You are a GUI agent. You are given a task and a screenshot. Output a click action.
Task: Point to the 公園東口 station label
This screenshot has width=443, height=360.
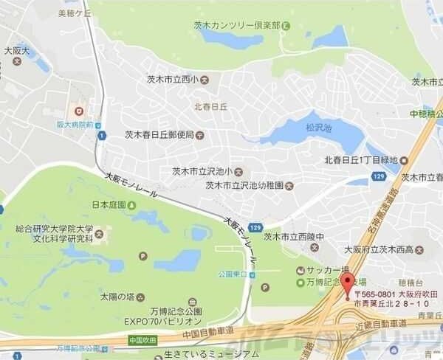pos(233,272)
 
